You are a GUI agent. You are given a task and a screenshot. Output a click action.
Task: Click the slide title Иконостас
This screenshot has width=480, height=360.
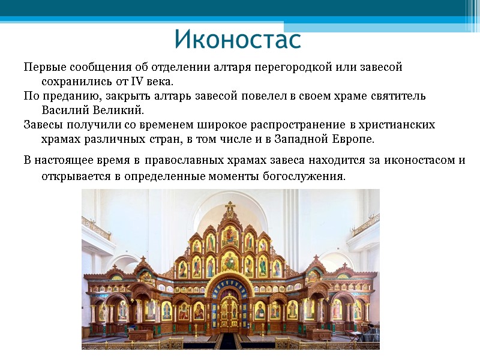(238, 40)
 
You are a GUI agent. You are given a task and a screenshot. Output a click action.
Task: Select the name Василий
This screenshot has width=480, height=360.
(65, 110)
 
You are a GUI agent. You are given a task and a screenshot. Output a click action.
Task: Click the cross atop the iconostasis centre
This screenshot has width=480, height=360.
(230, 209)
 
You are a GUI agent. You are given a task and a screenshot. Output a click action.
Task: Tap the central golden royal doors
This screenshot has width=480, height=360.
(229, 312)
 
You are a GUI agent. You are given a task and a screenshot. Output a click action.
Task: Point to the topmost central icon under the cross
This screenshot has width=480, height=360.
(230, 236)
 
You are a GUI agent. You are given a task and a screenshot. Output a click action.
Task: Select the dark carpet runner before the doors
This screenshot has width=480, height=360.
(229, 342)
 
